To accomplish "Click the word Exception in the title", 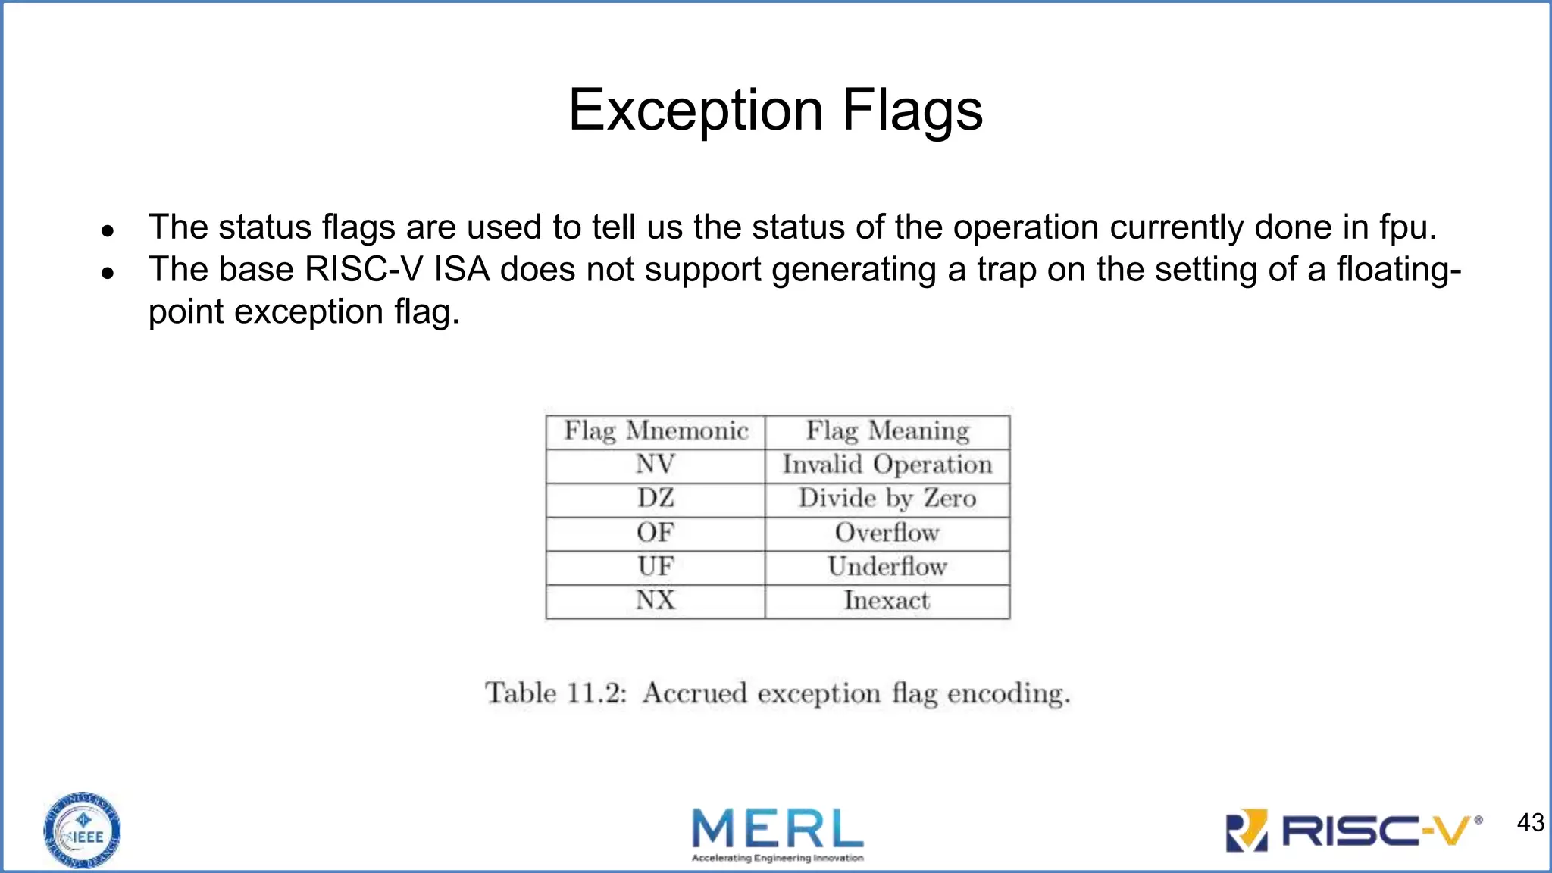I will (695, 111).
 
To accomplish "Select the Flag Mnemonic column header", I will (656, 431).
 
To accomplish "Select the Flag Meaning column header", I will (887, 431).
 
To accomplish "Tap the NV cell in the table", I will (656, 465).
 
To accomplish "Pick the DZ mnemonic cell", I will (656, 499).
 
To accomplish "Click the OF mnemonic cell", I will (656, 533).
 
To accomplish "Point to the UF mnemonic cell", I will (656, 567).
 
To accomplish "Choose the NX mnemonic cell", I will (656, 601).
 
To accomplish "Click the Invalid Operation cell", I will (887, 465).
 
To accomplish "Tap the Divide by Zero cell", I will (887, 499).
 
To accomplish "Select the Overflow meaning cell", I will (887, 533).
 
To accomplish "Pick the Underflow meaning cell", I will (887, 567).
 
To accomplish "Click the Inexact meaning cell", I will (887, 601).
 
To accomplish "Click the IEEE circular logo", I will (82, 831).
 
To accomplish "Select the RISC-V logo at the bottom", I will (1353, 831).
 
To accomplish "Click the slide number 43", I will (1530, 823).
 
